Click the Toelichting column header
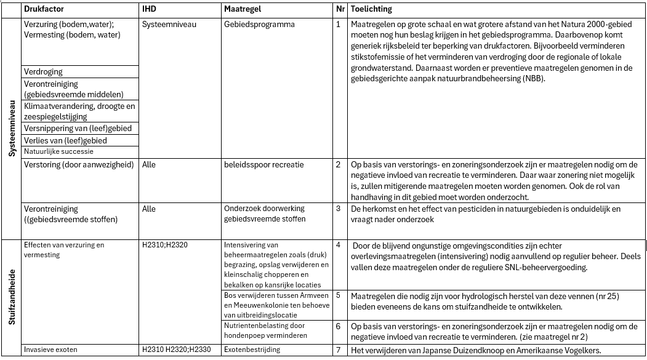coord(371,10)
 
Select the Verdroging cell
coord(43,71)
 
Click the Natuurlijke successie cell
coord(58,151)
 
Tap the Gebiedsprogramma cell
coord(259,25)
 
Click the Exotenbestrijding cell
coord(252,350)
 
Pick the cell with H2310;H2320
coord(164,245)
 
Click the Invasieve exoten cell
coord(49,350)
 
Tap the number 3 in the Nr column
coord(338,209)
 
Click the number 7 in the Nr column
coord(338,350)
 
